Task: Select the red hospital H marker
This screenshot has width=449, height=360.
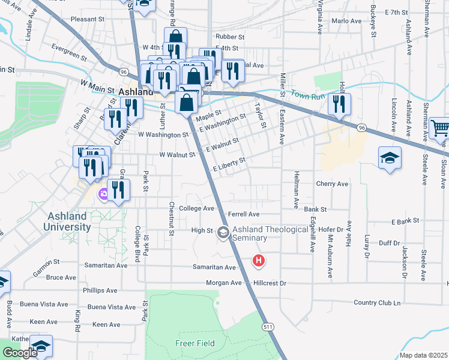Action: click(259, 261)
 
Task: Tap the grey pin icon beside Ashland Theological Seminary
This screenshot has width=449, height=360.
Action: click(223, 232)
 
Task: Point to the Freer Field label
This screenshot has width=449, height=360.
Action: click(191, 343)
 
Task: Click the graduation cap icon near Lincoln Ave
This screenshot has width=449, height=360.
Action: click(390, 158)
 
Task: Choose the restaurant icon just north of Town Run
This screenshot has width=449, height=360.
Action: click(339, 104)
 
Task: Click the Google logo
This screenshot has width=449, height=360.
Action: click(20, 352)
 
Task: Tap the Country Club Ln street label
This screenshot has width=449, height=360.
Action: click(377, 302)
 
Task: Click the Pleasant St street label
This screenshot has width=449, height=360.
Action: click(87, 19)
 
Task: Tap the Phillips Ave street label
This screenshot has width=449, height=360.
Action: click(100, 290)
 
